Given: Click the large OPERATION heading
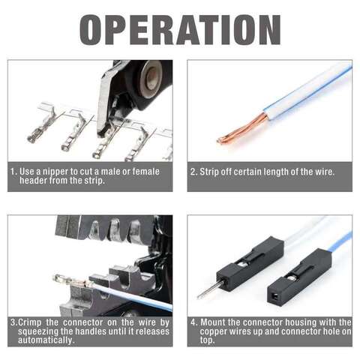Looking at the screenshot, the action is pyautogui.click(x=180, y=30).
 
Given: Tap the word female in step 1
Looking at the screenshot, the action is pyautogui.click(x=146, y=172).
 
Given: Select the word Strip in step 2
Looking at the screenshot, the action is pyautogui.click(x=209, y=172).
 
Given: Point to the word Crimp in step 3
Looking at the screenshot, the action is pyautogui.click(x=29, y=322).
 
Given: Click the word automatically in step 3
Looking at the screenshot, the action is pyautogui.click(x=46, y=340).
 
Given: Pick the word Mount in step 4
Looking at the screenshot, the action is pyautogui.click(x=213, y=322).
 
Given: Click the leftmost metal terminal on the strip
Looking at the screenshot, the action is pyautogui.click(x=42, y=125).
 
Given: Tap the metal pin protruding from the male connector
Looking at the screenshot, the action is pyautogui.click(x=210, y=289).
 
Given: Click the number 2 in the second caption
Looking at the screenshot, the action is pyautogui.click(x=193, y=172).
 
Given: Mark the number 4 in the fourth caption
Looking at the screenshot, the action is pyautogui.click(x=193, y=322).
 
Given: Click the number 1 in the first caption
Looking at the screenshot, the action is pyautogui.click(x=13, y=172).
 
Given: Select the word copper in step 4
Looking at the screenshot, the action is pyautogui.click(x=214, y=331).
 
